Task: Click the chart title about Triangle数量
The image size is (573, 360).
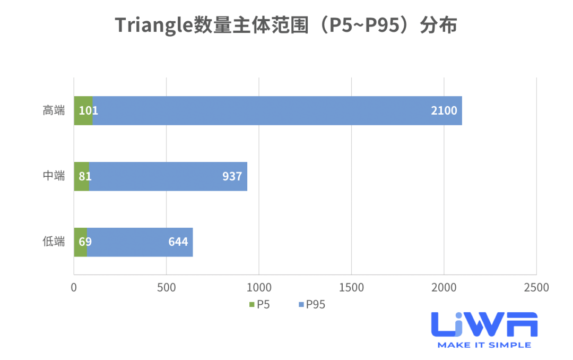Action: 286,25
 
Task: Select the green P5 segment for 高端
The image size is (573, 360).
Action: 83,110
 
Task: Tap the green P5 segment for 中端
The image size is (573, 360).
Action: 81,176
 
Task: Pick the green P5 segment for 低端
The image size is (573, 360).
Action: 80,242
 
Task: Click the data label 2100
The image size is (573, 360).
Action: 444,111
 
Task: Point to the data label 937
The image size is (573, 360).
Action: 232,176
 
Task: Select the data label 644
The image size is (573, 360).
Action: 178,242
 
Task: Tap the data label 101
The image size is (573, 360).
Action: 89,111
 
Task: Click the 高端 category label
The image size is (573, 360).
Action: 54,111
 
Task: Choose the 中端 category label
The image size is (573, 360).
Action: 54,176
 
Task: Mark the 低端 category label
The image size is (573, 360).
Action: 54,242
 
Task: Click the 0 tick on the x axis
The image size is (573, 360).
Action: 74,288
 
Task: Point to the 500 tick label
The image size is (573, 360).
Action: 166,288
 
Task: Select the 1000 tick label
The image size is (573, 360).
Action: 259,288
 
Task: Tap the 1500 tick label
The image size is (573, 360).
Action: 351,288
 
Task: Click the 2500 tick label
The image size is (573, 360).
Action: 536,288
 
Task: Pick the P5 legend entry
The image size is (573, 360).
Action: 260,305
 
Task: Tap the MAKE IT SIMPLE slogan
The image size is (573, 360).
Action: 484,345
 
